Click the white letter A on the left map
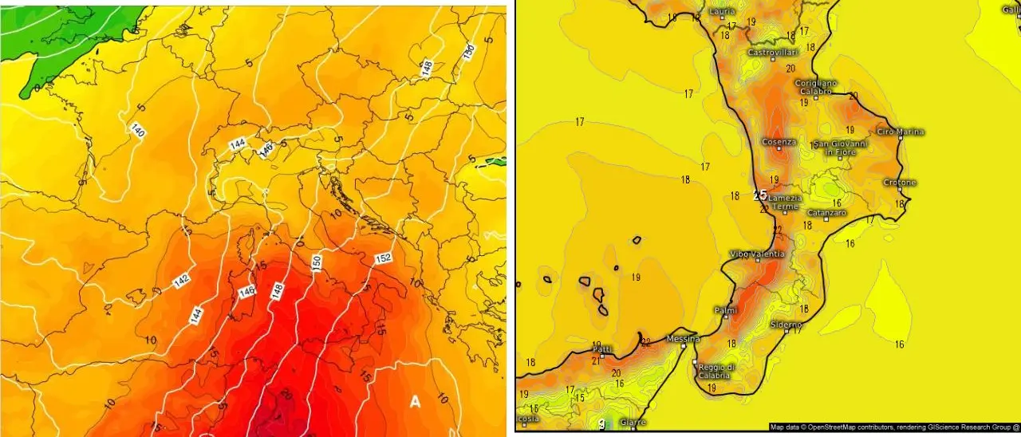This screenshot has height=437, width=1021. coord(415,403)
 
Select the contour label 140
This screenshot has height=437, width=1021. coord(137,129)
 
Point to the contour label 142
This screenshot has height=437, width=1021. coord(181,281)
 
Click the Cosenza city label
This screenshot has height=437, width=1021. coord(779,142)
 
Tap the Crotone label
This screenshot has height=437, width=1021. coord(900,183)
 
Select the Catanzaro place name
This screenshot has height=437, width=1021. coord(826,213)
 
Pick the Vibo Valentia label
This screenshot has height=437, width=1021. coord(757,254)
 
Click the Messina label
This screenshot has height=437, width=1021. coord(684,338)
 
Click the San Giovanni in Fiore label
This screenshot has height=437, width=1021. coord(839,148)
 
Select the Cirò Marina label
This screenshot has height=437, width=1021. coord(900,132)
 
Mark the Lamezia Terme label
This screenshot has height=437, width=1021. coord(783,203)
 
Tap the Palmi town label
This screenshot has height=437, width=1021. coord(724,309)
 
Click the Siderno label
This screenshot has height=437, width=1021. coord(786,325)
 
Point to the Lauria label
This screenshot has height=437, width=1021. coord(722,12)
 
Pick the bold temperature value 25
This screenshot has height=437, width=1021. coord(760,195)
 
